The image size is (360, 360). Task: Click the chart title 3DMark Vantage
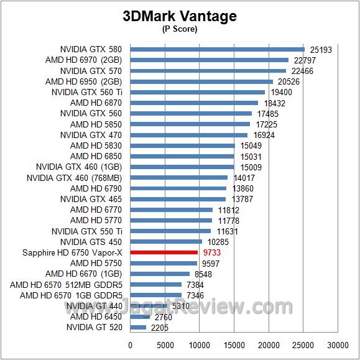pyautogui.click(x=179, y=16)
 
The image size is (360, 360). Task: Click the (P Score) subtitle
pyautogui.click(x=179, y=29)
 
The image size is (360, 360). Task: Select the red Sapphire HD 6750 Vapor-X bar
pyautogui.click(x=164, y=252)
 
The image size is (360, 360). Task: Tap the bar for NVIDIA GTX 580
pyautogui.click(x=217, y=49)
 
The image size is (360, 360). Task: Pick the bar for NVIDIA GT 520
pyautogui.click(x=138, y=327)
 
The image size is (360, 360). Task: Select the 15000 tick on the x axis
pyautogui.click(x=234, y=344)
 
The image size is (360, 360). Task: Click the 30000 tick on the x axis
pyautogui.click(x=338, y=344)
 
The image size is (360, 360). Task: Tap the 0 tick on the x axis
pyautogui.click(x=131, y=344)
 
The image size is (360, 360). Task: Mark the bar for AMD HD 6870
pyautogui.click(x=194, y=103)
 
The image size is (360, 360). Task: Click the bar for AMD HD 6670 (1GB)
pyautogui.click(x=160, y=274)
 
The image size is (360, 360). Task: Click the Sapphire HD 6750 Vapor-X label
pyautogui.click(x=72, y=252)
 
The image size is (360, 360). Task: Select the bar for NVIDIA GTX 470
pyautogui.click(x=189, y=135)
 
